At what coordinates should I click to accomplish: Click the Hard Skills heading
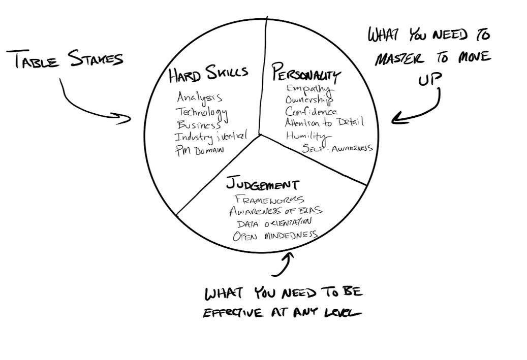point(208,74)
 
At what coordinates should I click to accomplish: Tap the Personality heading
point(306,73)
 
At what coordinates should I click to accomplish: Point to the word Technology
point(202,112)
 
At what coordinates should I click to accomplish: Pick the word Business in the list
point(199,125)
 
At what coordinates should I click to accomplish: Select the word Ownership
point(309,100)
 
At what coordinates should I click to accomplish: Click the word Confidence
point(311,111)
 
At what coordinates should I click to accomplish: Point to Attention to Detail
point(324,122)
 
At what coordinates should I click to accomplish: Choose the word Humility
point(307,136)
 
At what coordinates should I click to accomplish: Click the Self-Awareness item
point(337,148)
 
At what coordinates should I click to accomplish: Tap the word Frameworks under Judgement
point(269,199)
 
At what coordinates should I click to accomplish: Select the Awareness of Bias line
point(275,211)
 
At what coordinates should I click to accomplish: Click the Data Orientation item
point(273,223)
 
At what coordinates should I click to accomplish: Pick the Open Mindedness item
point(275,235)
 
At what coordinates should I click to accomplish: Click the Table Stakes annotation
point(68,59)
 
